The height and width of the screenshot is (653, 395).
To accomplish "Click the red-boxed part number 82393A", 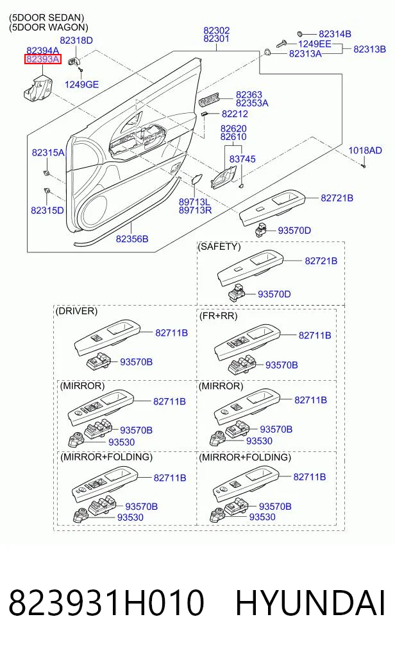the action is (x=43, y=60).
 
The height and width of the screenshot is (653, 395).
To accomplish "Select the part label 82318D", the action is (x=76, y=40).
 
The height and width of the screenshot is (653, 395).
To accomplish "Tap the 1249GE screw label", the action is (x=81, y=85).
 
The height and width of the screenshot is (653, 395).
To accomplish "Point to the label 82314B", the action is (x=335, y=34).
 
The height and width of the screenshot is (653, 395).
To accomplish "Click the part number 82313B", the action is (x=369, y=49).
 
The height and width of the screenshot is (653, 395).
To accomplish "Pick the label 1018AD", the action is (x=365, y=150).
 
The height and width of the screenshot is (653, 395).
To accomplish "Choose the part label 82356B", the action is (x=132, y=239).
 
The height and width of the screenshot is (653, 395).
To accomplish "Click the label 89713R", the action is (x=196, y=211).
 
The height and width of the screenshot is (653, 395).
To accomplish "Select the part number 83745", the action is (x=242, y=159).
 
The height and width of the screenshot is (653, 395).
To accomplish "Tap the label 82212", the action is (x=235, y=114).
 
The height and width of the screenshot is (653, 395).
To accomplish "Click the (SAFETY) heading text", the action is (x=219, y=247).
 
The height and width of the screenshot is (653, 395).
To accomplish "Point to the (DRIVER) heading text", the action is (x=76, y=311).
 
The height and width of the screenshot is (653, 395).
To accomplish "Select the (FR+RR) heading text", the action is (x=218, y=316).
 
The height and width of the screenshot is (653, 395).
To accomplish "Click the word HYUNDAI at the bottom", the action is (x=310, y=603).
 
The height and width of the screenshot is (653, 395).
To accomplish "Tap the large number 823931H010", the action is (x=106, y=603).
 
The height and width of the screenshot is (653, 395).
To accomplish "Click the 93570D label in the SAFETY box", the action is (x=274, y=294).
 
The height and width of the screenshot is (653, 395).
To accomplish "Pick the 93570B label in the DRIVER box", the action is (x=137, y=362).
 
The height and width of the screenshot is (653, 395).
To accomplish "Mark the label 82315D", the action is (x=47, y=211).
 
